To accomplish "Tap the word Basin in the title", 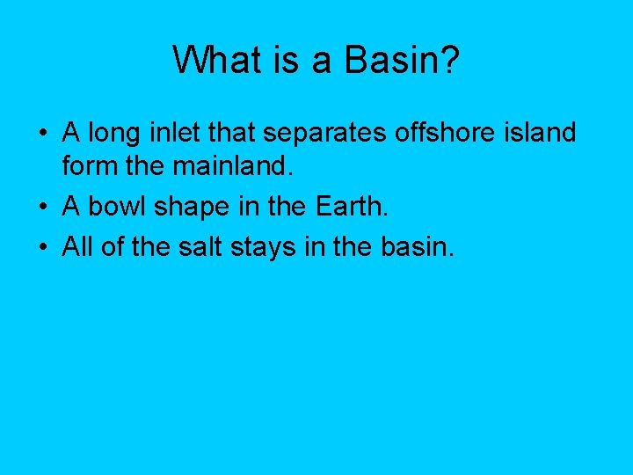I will tap(390, 61).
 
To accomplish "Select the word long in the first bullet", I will tap(108, 135).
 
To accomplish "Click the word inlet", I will tap(164, 133).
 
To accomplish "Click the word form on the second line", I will tap(87, 166).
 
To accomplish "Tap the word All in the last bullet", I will tap(76, 247).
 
